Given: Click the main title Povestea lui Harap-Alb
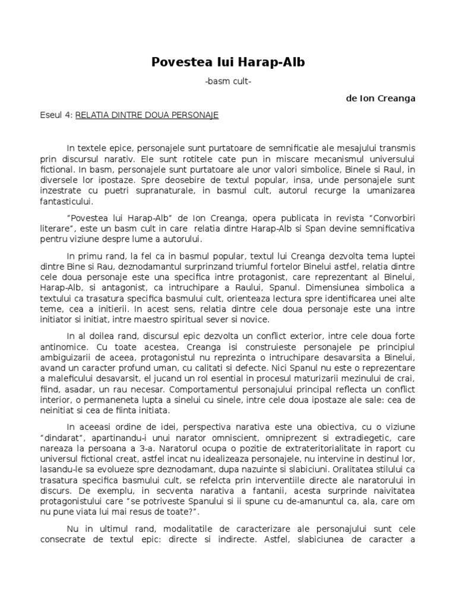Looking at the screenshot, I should (229, 62).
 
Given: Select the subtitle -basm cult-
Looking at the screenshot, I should (229, 82).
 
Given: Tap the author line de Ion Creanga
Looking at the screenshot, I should (380, 99).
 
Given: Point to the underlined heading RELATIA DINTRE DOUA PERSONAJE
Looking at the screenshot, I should (147, 115).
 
